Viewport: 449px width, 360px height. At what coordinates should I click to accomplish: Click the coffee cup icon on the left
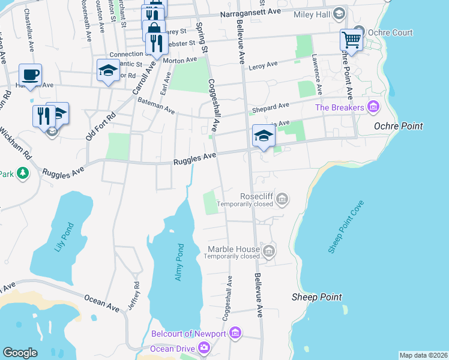tap(30, 76)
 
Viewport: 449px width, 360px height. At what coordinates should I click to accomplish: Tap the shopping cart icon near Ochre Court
tap(351, 40)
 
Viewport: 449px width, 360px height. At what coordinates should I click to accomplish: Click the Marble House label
tap(234, 249)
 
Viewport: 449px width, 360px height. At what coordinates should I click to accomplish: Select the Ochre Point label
tap(398, 126)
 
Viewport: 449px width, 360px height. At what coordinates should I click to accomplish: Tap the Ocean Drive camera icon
tap(204, 347)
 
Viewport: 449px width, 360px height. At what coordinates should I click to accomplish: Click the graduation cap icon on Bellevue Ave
tap(263, 136)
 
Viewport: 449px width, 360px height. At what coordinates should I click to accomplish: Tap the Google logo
tap(20, 353)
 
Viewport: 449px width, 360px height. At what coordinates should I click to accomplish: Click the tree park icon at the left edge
tap(23, 173)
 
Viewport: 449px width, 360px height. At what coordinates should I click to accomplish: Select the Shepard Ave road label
tap(270, 106)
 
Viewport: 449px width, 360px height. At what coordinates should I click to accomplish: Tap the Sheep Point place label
tap(316, 297)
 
